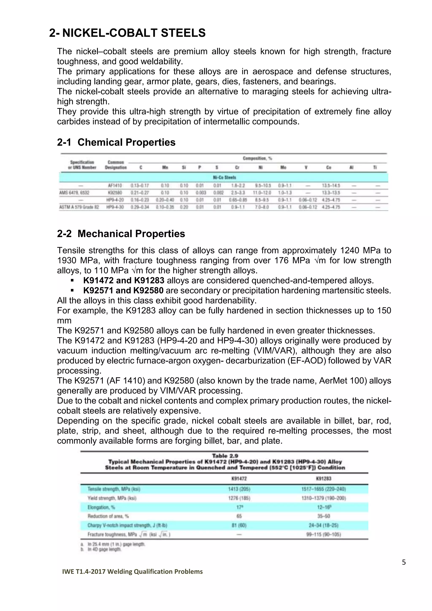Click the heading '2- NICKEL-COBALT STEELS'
click(127, 33)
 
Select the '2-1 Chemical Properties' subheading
click(116, 142)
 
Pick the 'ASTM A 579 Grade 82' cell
click(79, 207)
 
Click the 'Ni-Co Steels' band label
click(224, 177)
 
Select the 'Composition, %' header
click(257, 158)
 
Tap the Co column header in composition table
click(328, 167)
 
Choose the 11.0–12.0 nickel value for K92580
click(261, 193)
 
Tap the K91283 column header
click(323, 479)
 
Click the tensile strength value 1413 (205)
click(239, 489)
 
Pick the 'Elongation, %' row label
click(101, 507)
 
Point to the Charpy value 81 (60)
click(239, 525)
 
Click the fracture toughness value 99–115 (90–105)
click(323, 534)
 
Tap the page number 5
click(404, 562)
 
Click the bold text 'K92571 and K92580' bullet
click(123, 291)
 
